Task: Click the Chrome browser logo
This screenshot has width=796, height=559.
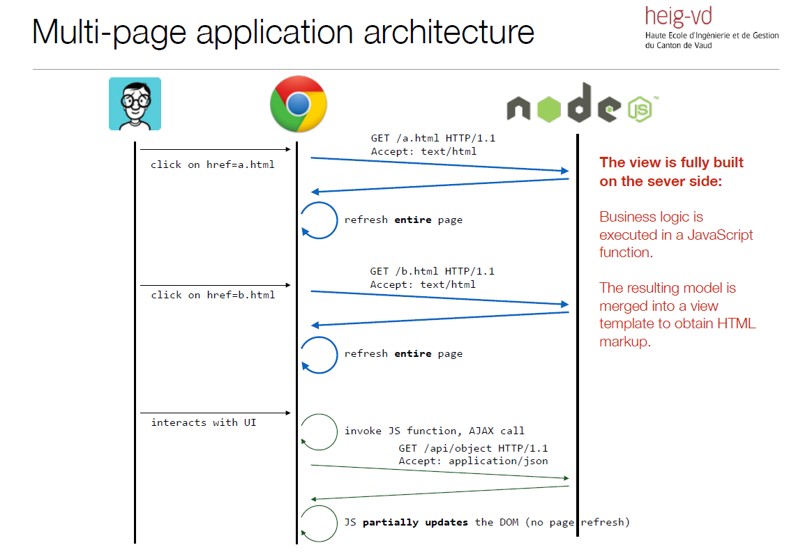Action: (x=299, y=104)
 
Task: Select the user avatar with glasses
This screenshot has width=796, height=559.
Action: (x=135, y=104)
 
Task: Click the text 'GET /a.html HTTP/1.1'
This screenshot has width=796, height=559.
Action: (x=433, y=138)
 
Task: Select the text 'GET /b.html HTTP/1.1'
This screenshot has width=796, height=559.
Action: (x=432, y=271)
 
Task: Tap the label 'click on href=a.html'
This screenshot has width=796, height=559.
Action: (x=213, y=164)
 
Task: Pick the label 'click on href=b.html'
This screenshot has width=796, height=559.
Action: (x=213, y=295)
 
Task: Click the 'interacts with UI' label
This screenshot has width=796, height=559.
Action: (x=204, y=422)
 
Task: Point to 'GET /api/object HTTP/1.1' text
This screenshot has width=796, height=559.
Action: (x=473, y=448)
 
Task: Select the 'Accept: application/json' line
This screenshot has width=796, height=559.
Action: (x=473, y=461)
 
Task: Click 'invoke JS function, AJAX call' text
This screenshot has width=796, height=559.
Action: (x=434, y=431)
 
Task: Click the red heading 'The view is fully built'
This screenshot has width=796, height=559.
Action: (x=671, y=162)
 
